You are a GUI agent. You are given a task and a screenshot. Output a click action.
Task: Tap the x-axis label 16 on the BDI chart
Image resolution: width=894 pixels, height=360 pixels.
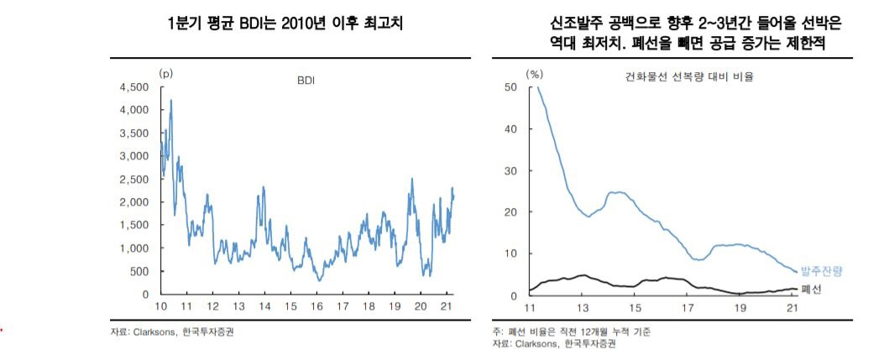[316, 306]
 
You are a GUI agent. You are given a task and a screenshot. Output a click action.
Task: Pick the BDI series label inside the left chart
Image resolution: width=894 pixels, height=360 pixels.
[307, 81]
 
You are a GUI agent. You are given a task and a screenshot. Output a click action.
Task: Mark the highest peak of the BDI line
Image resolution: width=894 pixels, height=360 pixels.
[171, 101]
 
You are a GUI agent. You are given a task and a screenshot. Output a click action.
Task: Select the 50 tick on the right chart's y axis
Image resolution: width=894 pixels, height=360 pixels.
[510, 87]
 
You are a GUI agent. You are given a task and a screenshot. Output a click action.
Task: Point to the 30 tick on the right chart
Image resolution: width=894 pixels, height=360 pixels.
[510, 170]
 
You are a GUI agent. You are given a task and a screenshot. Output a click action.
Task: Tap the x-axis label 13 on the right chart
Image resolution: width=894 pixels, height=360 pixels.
[583, 306]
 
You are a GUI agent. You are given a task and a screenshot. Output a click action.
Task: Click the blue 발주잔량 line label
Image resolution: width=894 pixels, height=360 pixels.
[820, 270]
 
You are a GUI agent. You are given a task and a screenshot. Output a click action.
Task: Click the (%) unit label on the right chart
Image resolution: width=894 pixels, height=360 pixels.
[534, 74]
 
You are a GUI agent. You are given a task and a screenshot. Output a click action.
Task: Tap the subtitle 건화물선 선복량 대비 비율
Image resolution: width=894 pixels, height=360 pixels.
[688, 77]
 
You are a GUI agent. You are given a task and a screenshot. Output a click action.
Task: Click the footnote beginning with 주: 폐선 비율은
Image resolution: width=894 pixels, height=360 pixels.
[571, 331]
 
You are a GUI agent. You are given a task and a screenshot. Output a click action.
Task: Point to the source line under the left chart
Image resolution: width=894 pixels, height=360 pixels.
[172, 331]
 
